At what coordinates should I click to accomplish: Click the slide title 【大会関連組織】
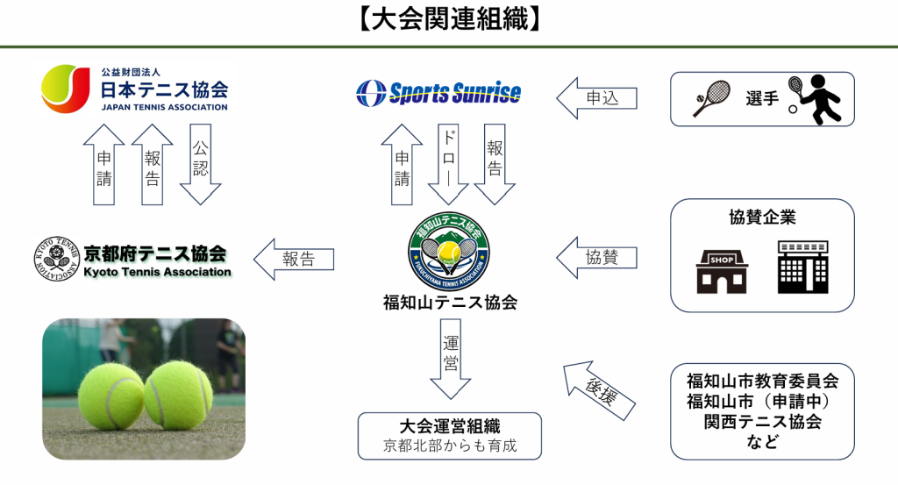click(x=448, y=19)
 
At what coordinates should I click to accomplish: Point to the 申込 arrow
click(x=596, y=98)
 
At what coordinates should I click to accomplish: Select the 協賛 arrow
click(x=596, y=258)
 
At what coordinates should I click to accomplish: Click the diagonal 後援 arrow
click(x=600, y=387)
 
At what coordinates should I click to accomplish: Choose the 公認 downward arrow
click(x=200, y=163)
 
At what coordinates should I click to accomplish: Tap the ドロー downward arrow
click(x=449, y=163)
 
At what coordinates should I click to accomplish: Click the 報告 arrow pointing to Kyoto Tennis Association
click(x=293, y=260)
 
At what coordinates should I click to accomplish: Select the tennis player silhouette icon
click(x=816, y=98)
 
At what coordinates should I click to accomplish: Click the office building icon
click(x=802, y=267)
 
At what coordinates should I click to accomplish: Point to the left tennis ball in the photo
click(x=110, y=396)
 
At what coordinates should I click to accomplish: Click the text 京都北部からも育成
click(x=450, y=446)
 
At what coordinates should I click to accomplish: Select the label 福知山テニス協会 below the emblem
click(x=450, y=303)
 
